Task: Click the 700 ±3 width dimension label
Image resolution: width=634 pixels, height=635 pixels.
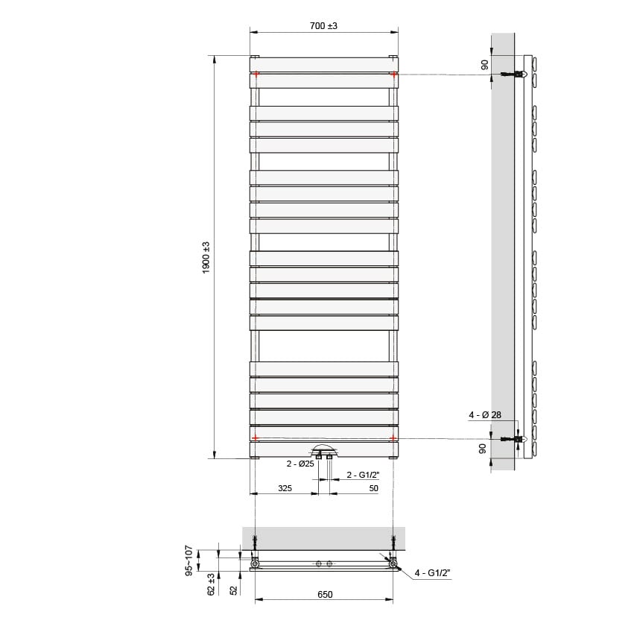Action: coord(323,25)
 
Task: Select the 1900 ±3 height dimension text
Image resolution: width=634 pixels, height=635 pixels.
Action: coord(206,257)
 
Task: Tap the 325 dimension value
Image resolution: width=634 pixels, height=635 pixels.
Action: coord(284,488)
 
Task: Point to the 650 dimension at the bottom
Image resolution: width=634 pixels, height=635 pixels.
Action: coord(324,594)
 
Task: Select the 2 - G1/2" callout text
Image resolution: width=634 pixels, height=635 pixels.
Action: coord(363,474)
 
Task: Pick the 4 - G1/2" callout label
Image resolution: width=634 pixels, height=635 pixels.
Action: coord(433,572)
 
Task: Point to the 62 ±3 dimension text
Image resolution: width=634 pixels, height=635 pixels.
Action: coord(212,584)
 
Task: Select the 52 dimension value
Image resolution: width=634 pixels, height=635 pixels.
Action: coord(233,589)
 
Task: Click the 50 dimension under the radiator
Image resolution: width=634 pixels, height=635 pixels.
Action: coord(373,488)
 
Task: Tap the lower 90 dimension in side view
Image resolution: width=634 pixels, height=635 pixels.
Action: coord(484,448)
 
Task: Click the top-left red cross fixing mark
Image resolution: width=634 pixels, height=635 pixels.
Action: coord(256,74)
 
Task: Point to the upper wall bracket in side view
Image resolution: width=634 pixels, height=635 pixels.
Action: coord(514,74)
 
